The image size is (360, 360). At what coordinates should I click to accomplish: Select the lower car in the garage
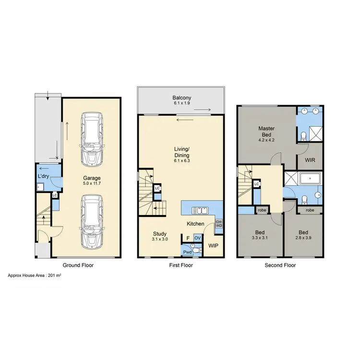[91, 220]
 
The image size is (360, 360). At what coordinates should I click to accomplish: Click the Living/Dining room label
[181, 155]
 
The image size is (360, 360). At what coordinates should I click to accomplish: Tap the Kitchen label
[196, 224]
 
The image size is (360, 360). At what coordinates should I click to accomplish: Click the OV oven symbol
[197, 238]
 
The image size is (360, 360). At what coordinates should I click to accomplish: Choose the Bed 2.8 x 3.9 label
[303, 235]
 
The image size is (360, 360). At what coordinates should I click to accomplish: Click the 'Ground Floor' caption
[78, 264]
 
